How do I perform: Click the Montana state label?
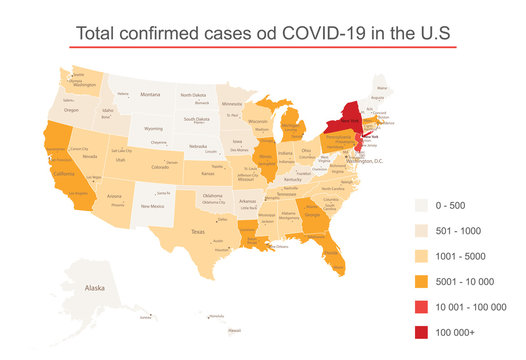150,95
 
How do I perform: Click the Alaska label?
95,288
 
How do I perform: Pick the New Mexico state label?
152,206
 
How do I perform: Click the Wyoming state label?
153,129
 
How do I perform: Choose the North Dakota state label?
193,95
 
